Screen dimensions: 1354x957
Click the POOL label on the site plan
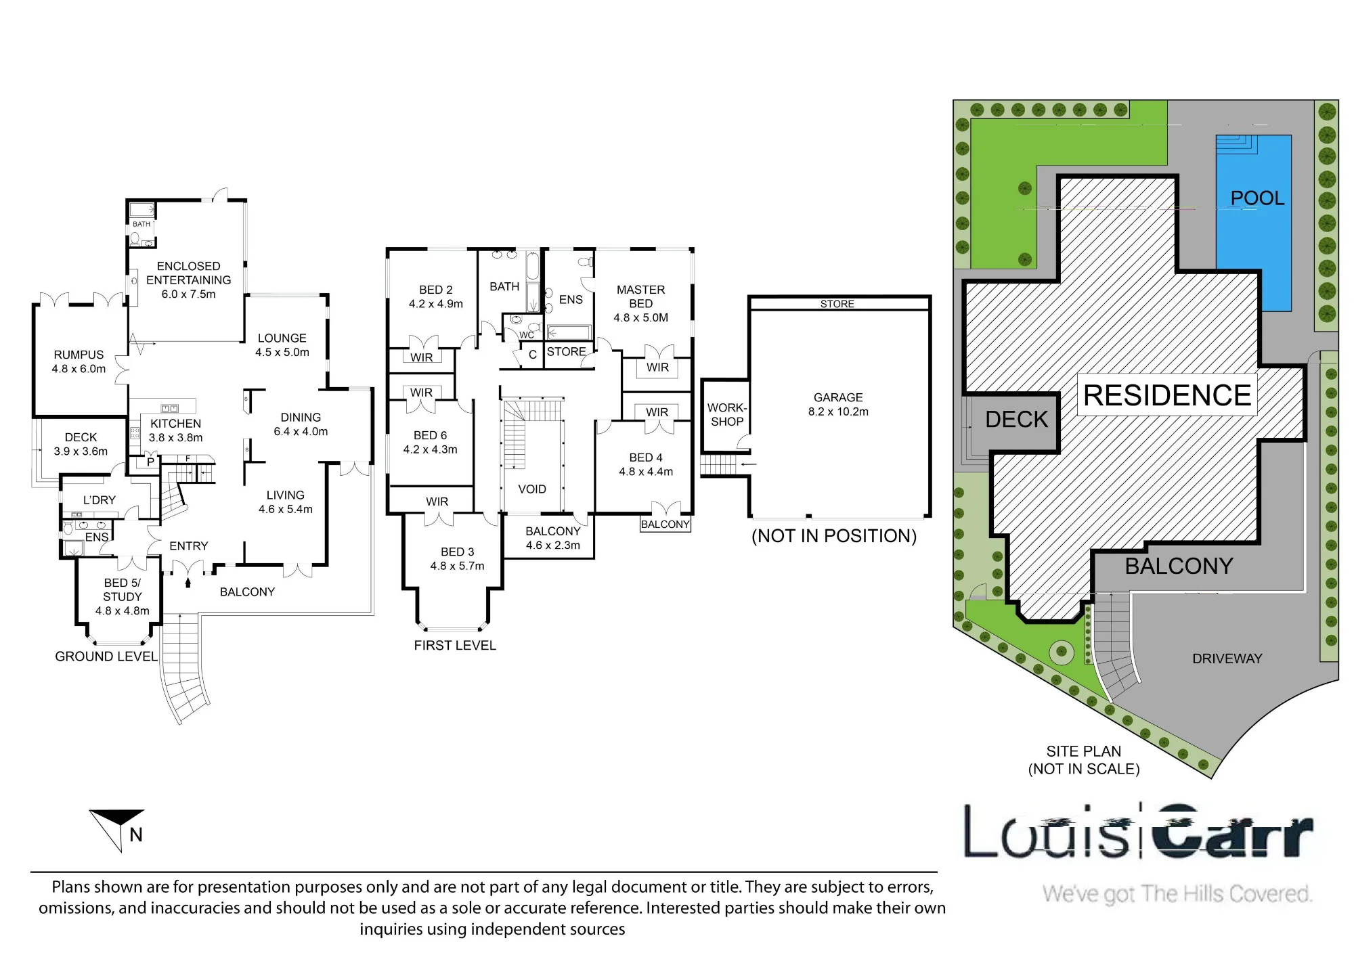pos(1257,198)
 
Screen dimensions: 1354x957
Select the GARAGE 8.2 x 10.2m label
pos(838,405)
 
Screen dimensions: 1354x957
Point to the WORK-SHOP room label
pos(727,415)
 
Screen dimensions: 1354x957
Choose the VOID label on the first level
pos(532,489)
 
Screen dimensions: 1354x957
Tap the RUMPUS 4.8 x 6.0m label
pos(79,361)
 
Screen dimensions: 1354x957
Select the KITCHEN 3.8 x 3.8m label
pos(176,430)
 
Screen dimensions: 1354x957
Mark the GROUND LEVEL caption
pos(106,656)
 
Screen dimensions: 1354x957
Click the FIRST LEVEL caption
pos(455,646)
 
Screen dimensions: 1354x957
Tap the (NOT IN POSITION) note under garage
pos(834,536)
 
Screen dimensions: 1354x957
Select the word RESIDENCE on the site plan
pos(1167,395)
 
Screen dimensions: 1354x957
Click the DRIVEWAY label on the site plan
pos(1227,659)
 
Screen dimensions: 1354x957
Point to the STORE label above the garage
pos(837,304)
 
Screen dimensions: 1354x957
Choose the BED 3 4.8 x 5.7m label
pos(458,559)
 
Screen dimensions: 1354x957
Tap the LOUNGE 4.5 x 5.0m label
pos(282,345)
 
